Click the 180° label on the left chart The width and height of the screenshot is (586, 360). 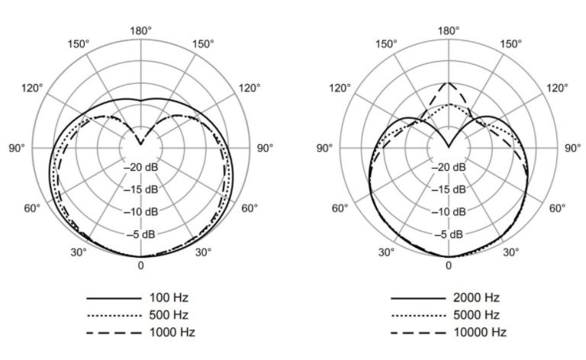click(x=140, y=31)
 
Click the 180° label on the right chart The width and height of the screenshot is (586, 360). click(x=448, y=31)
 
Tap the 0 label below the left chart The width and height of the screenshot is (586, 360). click(x=140, y=265)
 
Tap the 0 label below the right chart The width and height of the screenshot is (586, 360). click(x=448, y=265)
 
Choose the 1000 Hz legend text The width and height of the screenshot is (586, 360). click(x=170, y=332)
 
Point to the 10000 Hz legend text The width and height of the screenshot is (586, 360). click(x=481, y=332)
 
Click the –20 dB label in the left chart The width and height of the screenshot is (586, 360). click(x=141, y=167)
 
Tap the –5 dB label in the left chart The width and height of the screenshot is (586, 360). click(x=141, y=233)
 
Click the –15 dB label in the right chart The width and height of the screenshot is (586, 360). click(x=449, y=189)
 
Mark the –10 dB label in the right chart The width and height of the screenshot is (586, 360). click(x=449, y=211)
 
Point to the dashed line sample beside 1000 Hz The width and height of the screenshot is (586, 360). click(x=114, y=333)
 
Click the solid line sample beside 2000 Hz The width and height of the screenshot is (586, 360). click(x=417, y=297)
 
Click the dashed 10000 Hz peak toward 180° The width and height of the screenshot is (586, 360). click(x=448, y=82)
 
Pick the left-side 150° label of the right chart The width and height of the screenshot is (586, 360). click(x=386, y=44)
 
